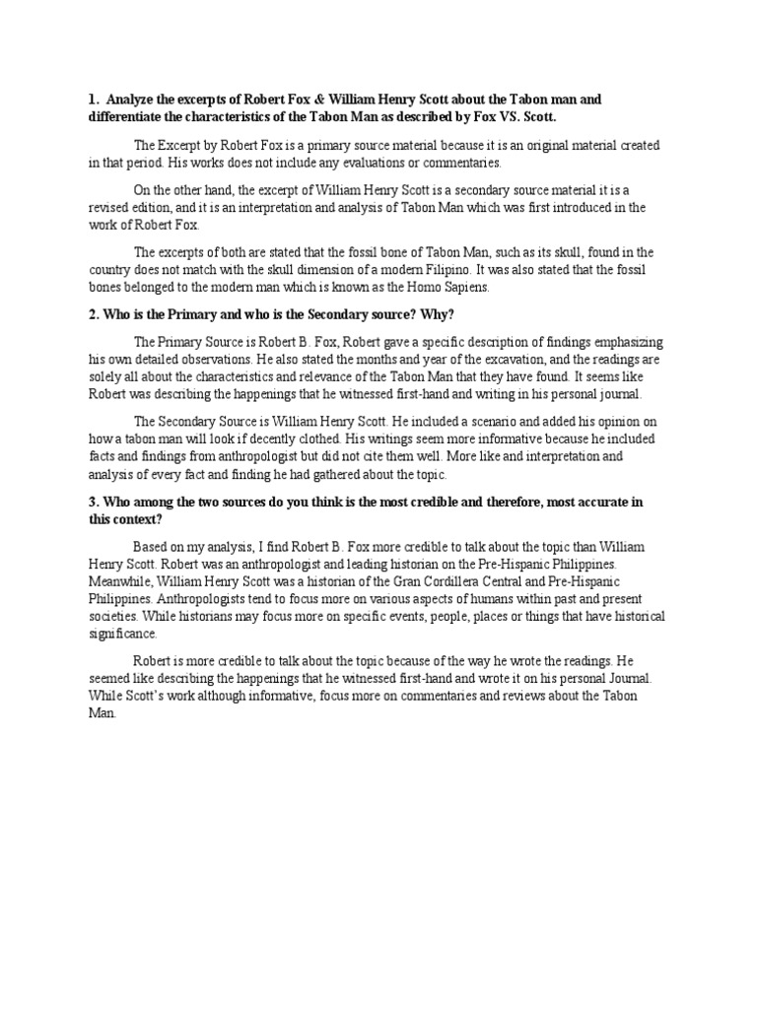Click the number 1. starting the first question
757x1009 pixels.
pos(93,100)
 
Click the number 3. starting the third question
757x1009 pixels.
pos(93,502)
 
